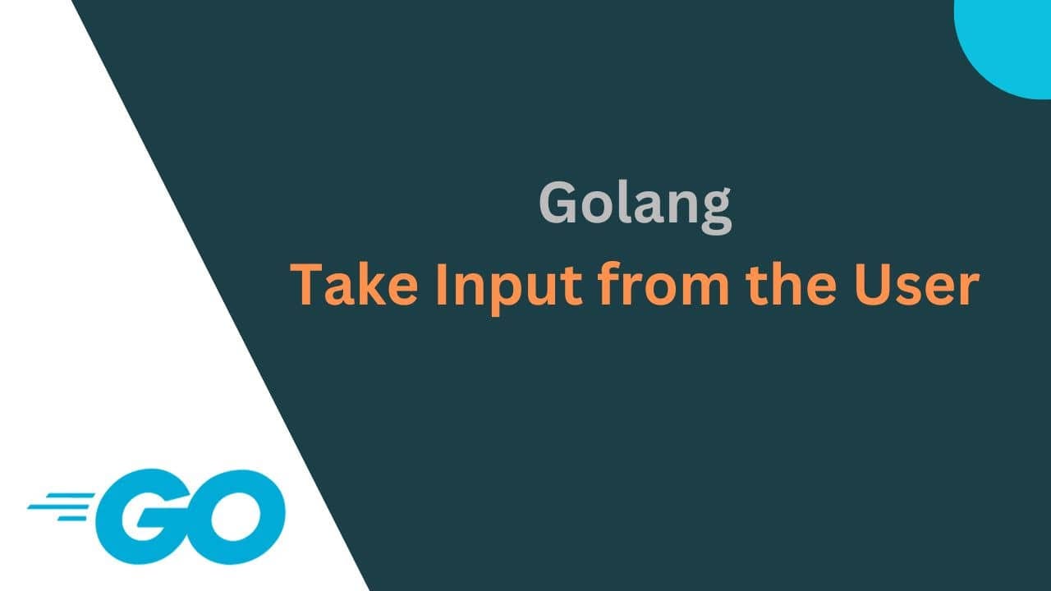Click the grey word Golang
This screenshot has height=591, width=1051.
635,204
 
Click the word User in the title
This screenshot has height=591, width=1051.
926,286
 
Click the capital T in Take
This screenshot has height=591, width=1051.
309,286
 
